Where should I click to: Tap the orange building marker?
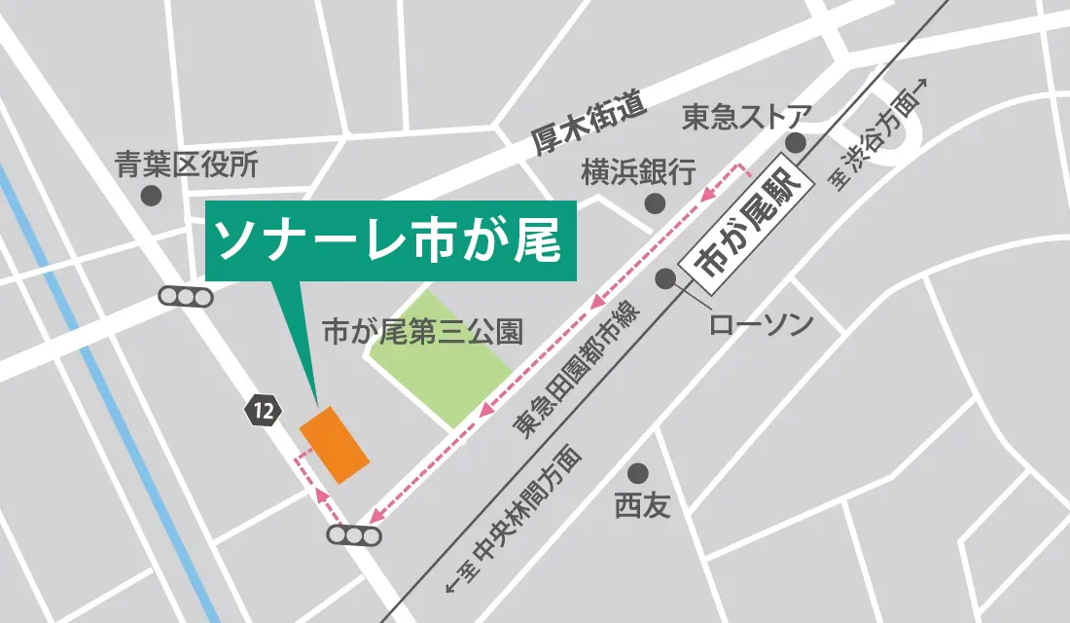coord(334,443)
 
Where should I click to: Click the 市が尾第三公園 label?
coord(422,333)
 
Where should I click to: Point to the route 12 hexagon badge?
coord(261,411)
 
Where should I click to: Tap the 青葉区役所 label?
coord(187,165)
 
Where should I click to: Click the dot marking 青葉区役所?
coord(151,196)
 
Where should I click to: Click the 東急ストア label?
coord(746,118)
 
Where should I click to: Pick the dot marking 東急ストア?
coord(797,144)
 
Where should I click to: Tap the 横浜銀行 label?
coord(638,173)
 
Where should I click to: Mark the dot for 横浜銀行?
coord(654,202)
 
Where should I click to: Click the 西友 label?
coord(642,506)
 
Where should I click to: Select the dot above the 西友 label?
coord(638,474)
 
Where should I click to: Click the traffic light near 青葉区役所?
coord(186,297)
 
